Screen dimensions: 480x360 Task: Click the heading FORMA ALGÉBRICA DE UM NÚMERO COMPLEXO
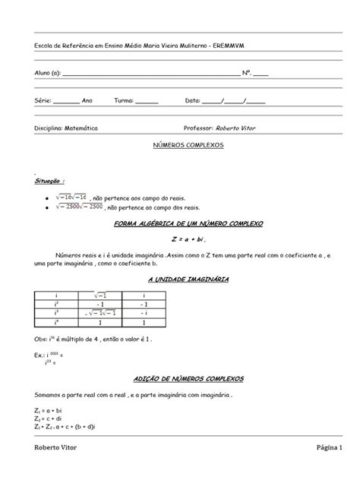point(187,226)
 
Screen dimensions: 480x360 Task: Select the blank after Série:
point(66,100)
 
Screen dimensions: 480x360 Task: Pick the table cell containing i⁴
point(57,322)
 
